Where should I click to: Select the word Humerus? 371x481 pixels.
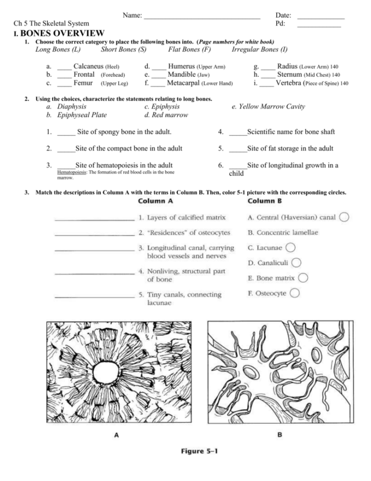[x=181, y=66]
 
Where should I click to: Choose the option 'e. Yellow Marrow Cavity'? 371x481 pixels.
[x=268, y=107]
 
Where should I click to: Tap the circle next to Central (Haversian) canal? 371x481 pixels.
[x=344, y=217]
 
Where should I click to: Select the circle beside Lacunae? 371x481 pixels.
[x=290, y=248]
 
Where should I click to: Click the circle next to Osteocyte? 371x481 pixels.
[x=295, y=294]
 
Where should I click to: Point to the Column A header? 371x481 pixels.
[x=155, y=201]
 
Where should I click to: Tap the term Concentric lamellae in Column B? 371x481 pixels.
[x=282, y=232]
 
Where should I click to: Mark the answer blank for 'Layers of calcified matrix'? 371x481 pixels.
[x=94, y=219]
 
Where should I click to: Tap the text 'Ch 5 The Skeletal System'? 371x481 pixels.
[x=51, y=24]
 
